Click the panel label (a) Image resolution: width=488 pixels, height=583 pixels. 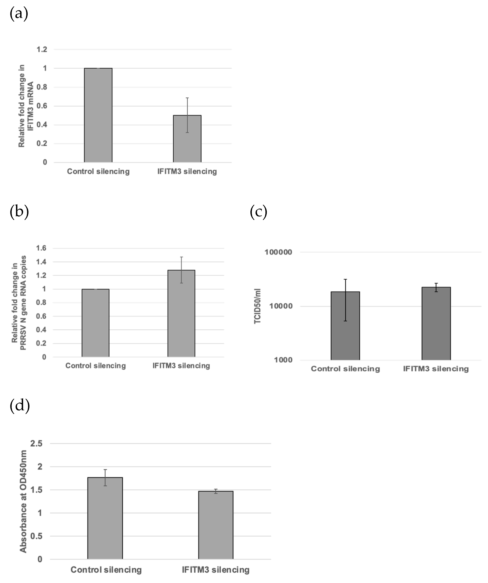(x=19, y=14)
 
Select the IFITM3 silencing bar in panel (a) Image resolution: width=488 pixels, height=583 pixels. (x=187, y=139)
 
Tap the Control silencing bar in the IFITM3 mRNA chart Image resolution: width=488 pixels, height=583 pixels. (x=98, y=115)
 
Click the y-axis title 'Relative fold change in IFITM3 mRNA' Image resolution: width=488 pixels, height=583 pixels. (x=26, y=106)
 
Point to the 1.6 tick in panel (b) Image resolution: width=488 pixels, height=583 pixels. (x=41, y=248)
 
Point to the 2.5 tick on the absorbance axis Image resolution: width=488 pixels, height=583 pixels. (x=36, y=444)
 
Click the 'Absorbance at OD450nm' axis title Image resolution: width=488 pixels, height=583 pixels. (x=23, y=501)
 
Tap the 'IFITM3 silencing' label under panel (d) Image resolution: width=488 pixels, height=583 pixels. (x=215, y=570)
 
